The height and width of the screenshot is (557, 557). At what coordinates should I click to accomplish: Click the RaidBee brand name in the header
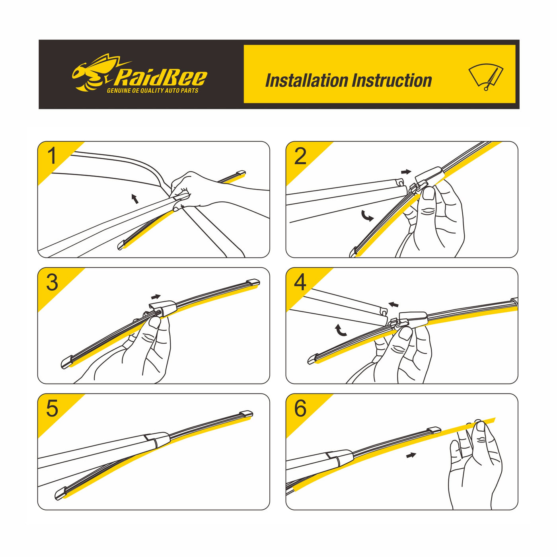click(161, 78)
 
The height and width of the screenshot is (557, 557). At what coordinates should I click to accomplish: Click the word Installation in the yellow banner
click(306, 80)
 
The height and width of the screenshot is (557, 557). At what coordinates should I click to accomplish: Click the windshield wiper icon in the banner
click(486, 77)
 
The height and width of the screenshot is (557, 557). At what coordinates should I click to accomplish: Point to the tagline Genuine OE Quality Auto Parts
click(152, 90)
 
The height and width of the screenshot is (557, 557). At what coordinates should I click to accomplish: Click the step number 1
click(52, 156)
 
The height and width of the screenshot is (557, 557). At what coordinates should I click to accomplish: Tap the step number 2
click(300, 156)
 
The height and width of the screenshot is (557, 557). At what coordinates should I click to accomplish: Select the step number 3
click(52, 282)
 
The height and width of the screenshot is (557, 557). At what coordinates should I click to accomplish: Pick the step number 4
click(300, 282)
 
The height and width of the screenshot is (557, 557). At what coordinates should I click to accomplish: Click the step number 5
click(52, 409)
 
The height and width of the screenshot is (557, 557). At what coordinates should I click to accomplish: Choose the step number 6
click(300, 409)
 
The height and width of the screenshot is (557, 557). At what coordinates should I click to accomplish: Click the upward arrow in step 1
click(135, 199)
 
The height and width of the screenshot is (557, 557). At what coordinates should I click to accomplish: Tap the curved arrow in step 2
click(367, 216)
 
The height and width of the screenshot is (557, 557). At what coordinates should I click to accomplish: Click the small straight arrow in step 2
click(406, 172)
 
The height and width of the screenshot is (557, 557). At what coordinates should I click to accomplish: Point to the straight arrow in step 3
click(156, 297)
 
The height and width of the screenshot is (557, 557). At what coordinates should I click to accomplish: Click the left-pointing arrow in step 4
click(393, 304)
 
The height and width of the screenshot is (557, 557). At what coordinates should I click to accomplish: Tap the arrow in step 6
click(411, 455)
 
